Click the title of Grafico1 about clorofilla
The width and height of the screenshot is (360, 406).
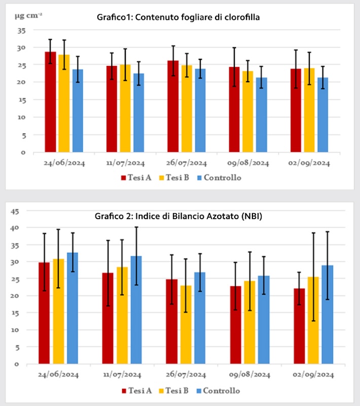(x=182, y=17)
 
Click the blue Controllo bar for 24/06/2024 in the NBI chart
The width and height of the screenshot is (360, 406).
(x=73, y=308)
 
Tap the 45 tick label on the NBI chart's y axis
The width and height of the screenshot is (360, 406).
(x=16, y=211)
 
